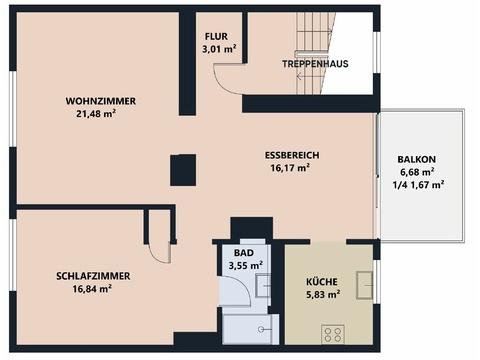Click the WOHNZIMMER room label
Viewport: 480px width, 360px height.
coord(101,101)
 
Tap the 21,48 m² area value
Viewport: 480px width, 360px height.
coord(96,113)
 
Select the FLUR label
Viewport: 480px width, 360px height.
coord(216,36)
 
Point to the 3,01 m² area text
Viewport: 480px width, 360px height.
coord(219,49)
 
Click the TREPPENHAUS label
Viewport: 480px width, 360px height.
coord(315,64)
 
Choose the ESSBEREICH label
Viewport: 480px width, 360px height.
coord(292,155)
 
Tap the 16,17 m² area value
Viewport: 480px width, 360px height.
coord(290,168)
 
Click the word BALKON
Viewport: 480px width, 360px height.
coord(417,159)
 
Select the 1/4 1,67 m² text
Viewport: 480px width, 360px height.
coord(418,185)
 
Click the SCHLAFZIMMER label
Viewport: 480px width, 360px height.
coord(93,276)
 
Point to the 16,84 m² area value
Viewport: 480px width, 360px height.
coord(92,289)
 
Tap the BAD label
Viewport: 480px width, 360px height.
coord(244,253)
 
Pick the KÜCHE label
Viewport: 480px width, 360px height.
coord(322,282)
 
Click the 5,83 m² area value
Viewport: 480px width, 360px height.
coord(323,294)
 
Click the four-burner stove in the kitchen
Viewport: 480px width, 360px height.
coord(333,334)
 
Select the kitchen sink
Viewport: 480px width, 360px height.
coord(364,285)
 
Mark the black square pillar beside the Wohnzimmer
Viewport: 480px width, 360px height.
coord(183,170)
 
